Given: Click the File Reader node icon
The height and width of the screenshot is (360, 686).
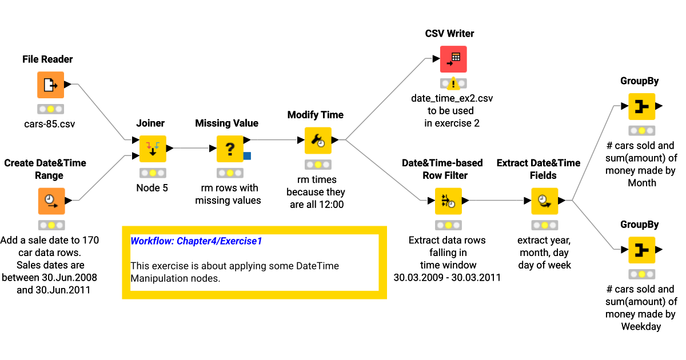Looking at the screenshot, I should [51, 85].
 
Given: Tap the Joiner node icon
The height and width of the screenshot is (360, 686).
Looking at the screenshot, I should [153, 149].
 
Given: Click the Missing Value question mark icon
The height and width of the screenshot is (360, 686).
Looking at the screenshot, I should [230, 149].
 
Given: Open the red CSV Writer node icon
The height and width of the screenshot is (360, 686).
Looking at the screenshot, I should [453, 59].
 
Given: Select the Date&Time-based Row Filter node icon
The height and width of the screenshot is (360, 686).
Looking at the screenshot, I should [448, 201].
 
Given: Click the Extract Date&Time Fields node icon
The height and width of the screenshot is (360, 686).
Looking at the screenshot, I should [544, 201].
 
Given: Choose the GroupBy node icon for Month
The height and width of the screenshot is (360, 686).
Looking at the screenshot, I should [641, 106].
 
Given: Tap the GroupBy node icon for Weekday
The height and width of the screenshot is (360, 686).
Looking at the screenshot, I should [641, 250].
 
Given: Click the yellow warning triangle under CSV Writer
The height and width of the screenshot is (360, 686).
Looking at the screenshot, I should [453, 84].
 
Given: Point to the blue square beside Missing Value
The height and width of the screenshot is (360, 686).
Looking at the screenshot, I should [247, 155].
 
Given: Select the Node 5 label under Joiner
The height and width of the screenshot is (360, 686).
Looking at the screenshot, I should [152, 187].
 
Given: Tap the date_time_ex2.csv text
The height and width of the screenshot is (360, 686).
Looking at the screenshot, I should [452, 98].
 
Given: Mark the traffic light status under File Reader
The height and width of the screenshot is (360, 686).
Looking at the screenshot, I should [51, 109].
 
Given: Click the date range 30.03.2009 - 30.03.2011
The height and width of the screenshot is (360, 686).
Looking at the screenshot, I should [447, 278].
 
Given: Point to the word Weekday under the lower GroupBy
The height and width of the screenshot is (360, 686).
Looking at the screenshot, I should [641, 327].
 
